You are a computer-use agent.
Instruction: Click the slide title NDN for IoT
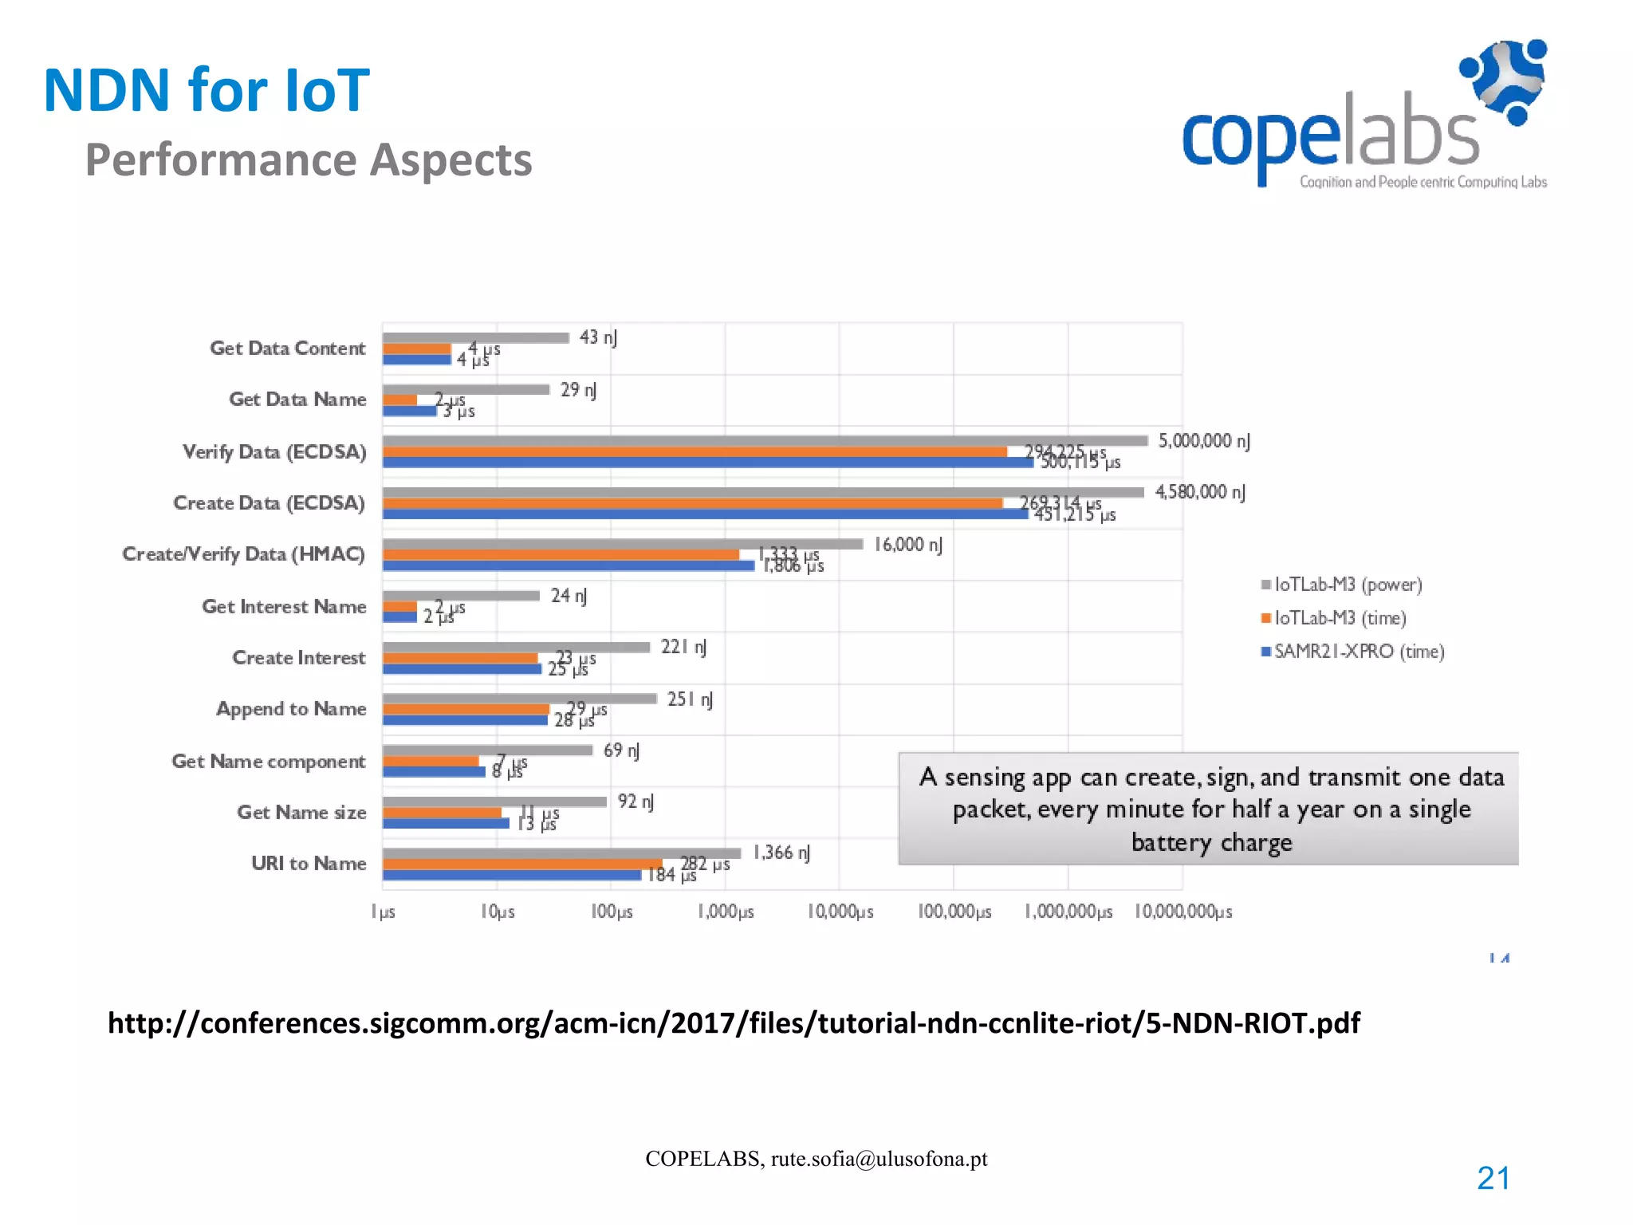point(206,90)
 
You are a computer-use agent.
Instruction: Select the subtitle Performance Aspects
point(309,160)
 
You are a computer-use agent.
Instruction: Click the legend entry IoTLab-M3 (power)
point(1347,585)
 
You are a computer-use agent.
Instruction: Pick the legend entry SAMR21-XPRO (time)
point(1358,652)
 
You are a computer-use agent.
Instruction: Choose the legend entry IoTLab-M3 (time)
point(1340,618)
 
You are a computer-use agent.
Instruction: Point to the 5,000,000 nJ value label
point(1203,441)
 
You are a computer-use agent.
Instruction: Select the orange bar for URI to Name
point(522,864)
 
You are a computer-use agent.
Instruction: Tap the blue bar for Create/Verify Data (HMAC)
point(568,565)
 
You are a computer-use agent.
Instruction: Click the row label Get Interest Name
point(284,607)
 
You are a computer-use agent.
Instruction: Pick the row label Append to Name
point(291,709)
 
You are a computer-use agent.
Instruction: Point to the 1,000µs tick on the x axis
point(726,912)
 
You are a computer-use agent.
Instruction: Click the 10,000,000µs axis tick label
point(1183,912)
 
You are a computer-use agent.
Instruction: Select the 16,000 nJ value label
point(907,545)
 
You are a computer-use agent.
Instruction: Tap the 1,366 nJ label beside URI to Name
point(781,853)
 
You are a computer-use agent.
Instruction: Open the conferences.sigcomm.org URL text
point(734,1023)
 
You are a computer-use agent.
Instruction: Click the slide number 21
point(1493,1178)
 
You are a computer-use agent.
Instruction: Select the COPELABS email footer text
point(816,1159)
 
